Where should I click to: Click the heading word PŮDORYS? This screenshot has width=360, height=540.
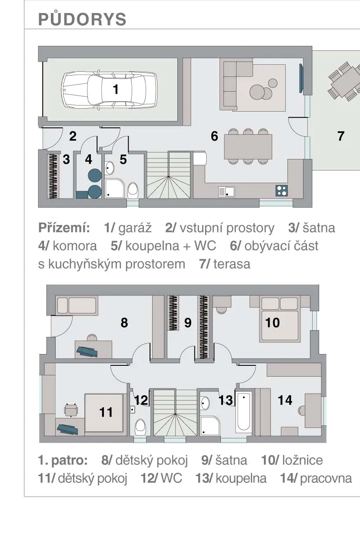(82, 19)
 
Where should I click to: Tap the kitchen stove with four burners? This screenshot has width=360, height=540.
(282, 190)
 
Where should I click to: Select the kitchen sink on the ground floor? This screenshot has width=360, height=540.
(227, 192)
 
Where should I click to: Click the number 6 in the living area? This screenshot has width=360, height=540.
(214, 136)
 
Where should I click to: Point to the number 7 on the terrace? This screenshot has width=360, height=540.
(341, 136)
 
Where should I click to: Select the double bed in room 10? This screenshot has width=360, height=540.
(280, 319)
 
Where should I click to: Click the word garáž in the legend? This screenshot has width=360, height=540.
(135, 228)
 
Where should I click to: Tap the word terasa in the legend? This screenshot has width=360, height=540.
(232, 264)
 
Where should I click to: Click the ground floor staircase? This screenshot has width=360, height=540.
(168, 175)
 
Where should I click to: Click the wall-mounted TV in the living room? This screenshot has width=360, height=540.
(301, 78)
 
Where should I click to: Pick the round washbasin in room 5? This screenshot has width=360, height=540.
(109, 168)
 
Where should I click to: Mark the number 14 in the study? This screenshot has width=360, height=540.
(285, 401)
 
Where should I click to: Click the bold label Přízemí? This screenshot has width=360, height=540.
(64, 228)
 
